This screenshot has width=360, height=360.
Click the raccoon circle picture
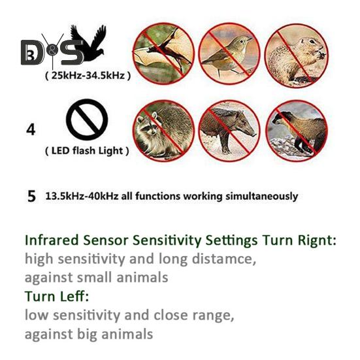(163, 129)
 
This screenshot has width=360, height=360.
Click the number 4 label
(30, 129)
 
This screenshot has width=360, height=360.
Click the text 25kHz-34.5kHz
(87, 76)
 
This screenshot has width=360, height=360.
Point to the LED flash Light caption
(87, 151)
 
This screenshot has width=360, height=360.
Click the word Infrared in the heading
(52, 240)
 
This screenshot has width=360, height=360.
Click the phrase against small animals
(96, 277)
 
